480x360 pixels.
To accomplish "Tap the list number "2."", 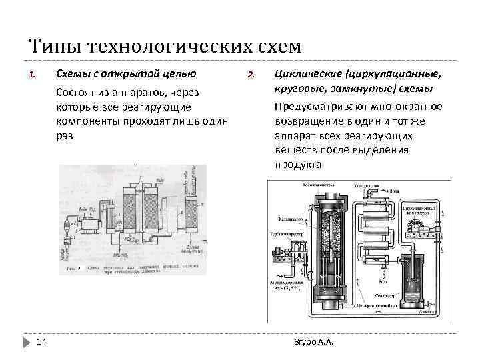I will click(x=251, y=74).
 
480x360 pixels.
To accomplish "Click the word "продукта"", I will click(x=298, y=164).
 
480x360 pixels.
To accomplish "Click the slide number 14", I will click(x=41, y=342).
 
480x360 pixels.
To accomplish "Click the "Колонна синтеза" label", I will click(x=319, y=184).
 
